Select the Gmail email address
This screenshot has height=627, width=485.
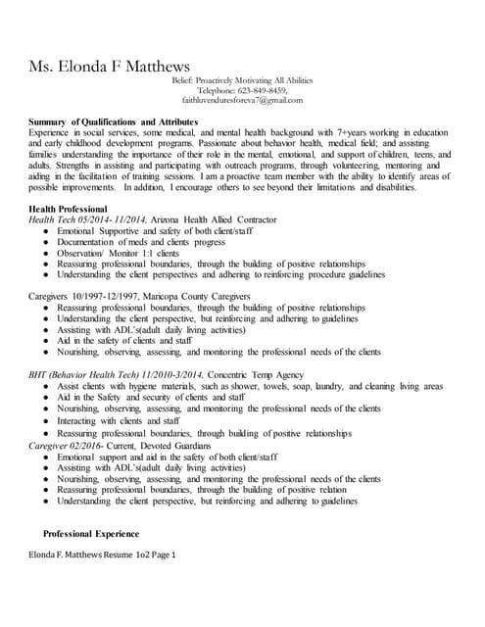[x=242, y=100]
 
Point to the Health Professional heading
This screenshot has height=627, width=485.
[x=68, y=209]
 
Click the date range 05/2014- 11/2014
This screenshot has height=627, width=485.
[x=114, y=219]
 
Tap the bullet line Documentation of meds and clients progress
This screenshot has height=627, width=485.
[x=141, y=241]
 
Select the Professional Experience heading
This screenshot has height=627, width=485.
[x=90, y=533]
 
